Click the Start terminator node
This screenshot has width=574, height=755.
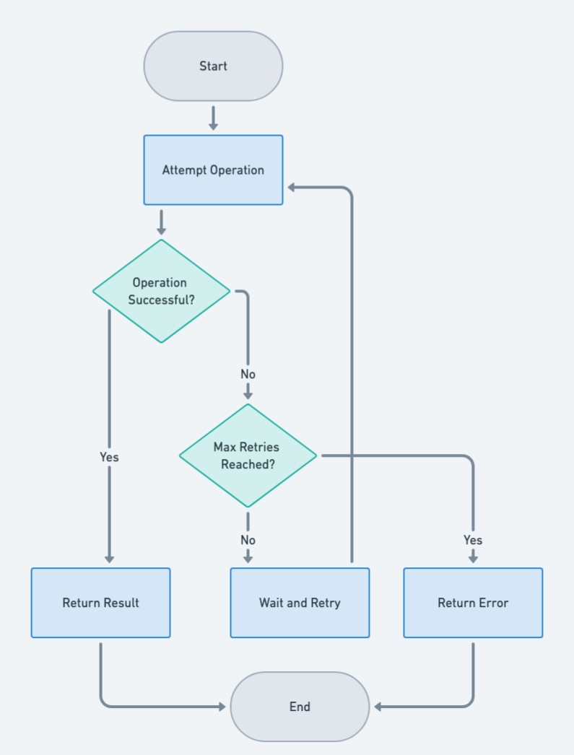(213, 66)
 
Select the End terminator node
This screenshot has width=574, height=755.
(300, 707)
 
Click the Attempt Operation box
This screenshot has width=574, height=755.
(213, 170)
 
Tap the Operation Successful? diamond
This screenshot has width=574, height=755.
(161, 291)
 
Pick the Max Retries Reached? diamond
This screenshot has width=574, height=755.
(248, 455)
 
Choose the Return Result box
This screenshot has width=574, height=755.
(100, 603)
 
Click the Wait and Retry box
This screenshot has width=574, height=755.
(300, 603)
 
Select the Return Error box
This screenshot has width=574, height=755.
(473, 603)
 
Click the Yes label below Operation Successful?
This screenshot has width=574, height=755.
(109, 457)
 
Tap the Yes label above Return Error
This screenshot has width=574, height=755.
(473, 540)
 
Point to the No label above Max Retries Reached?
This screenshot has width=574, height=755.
(248, 375)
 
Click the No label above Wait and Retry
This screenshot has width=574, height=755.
(248, 540)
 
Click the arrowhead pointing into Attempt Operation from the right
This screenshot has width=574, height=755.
(292, 188)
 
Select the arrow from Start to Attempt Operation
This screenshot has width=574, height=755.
(213, 118)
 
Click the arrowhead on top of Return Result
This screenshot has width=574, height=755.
(109, 558)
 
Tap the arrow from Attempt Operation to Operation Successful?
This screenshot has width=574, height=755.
(161, 222)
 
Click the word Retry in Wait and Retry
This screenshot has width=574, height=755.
(325, 603)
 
